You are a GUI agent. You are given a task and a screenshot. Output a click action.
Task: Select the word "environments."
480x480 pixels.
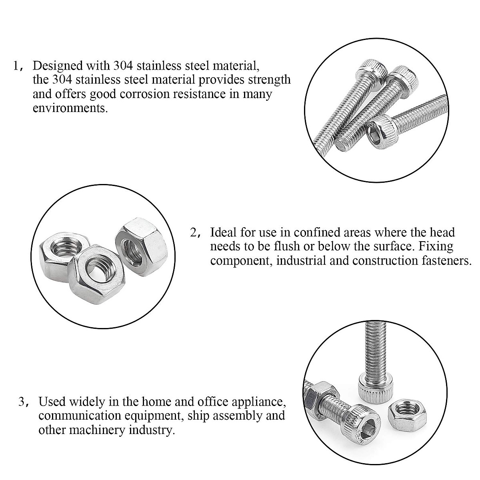(70, 108)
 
